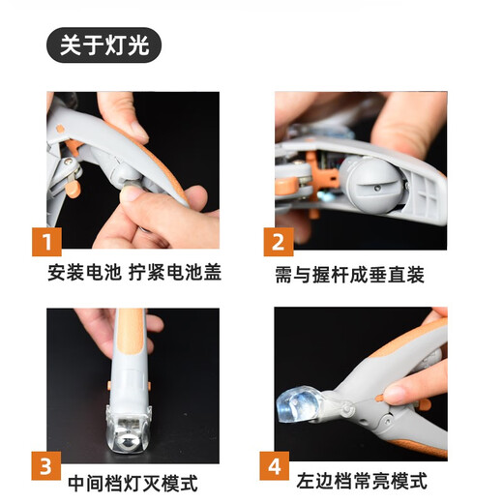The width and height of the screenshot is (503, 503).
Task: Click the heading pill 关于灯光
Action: [104, 45]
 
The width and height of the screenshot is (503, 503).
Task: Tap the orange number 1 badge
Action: [47, 241]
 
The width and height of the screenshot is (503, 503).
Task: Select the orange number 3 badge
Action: [47, 464]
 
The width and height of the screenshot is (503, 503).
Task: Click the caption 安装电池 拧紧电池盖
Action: [134, 273]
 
